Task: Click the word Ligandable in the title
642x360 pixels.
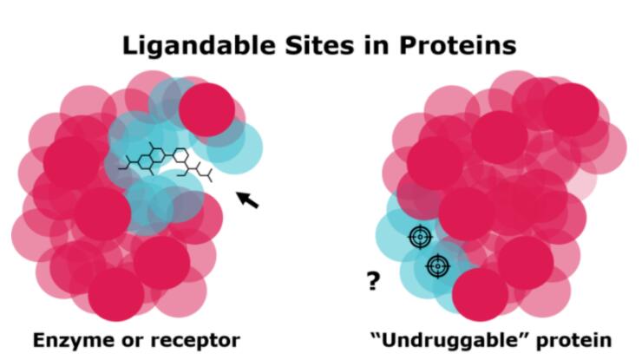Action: [x=199, y=45]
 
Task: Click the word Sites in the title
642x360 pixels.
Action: [x=319, y=45]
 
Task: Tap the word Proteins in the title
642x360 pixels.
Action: [x=457, y=45]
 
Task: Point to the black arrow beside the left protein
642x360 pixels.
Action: [x=248, y=200]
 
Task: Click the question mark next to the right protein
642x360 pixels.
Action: [x=373, y=281]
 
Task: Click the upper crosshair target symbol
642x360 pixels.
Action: [x=420, y=236]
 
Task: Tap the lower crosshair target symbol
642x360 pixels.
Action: [x=438, y=266]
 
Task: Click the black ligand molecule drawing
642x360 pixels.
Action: [x=166, y=161]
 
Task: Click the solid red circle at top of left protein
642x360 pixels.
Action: [x=206, y=110]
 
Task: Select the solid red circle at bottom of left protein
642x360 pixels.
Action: [x=116, y=294]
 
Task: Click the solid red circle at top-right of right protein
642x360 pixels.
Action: [x=571, y=110]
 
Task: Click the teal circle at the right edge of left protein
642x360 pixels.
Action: [x=234, y=147]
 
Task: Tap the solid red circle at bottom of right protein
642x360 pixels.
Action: [x=481, y=294]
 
